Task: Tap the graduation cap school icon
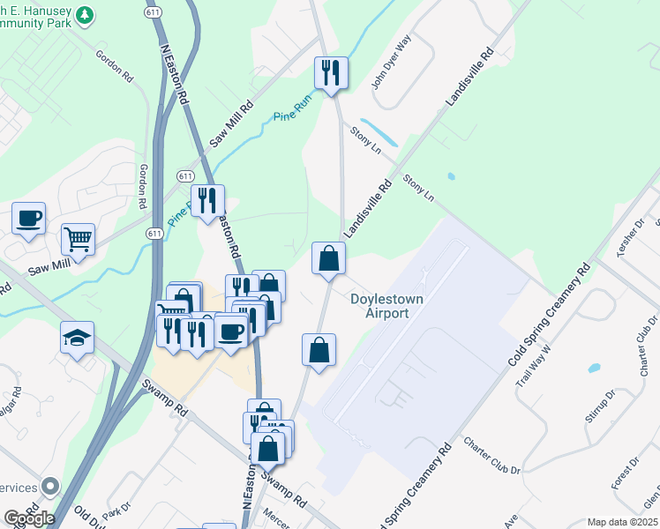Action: click(x=77, y=338)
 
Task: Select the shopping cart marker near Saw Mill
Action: click(x=78, y=238)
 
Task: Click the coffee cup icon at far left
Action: click(x=28, y=218)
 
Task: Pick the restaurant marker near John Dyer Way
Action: click(x=331, y=72)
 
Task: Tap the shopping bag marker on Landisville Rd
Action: click(x=328, y=258)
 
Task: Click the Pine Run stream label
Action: click(x=293, y=115)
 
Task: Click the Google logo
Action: click(x=28, y=518)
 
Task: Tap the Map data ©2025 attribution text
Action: click(x=622, y=522)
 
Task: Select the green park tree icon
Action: click(x=85, y=15)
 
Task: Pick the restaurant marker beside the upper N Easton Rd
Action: click(x=207, y=200)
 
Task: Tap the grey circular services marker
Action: click(x=50, y=486)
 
